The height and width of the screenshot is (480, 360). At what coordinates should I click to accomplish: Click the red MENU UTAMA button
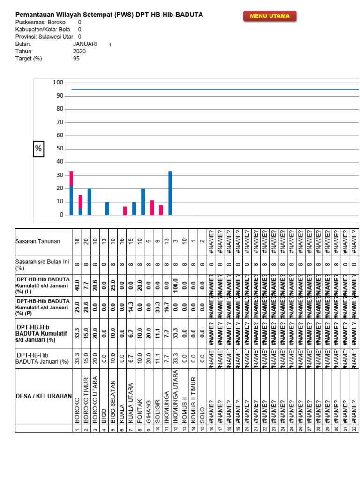[x=270, y=16]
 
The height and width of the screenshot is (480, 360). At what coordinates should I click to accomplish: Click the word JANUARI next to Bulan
[x=85, y=44]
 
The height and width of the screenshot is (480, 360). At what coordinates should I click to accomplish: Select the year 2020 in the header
[x=80, y=52]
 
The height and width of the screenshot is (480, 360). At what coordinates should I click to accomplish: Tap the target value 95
[x=76, y=59]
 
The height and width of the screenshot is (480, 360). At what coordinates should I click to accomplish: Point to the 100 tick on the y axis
[x=58, y=83]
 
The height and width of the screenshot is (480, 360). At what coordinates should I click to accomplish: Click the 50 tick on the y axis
[x=60, y=149]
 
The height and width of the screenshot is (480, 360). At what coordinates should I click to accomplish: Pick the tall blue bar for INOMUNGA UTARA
[x=170, y=193]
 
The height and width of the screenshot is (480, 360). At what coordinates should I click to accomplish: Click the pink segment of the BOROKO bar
[x=71, y=178]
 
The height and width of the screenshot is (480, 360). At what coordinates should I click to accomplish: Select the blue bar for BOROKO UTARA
[x=90, y=202]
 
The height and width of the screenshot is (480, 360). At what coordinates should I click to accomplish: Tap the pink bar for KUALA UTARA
[x=125, y=210]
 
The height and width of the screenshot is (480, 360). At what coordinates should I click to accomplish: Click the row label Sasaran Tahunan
[x=37, y=241]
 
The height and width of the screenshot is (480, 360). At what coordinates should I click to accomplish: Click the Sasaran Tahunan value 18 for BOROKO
[x=77, y=241]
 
